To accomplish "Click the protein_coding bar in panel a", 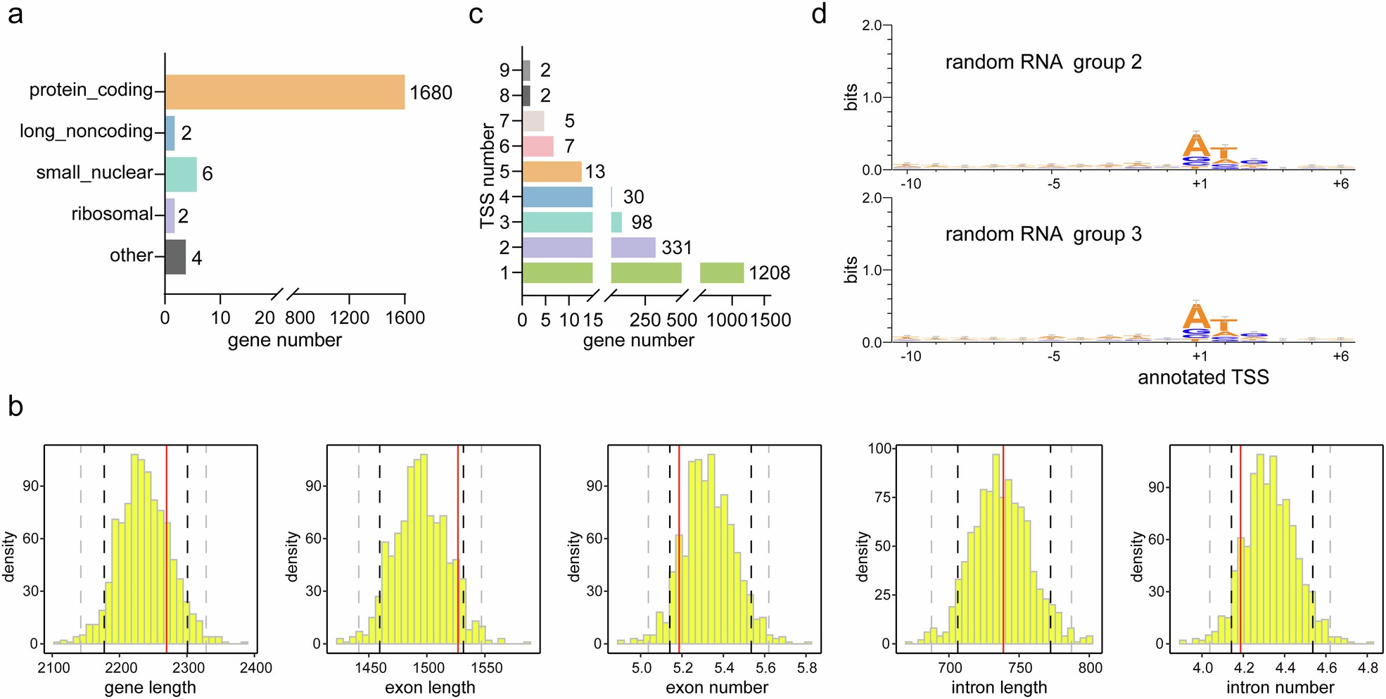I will pyautogui.click(x=284, y=92).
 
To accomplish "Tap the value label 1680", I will pyautogui.click(x=431, y=93).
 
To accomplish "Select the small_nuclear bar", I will pyautogui.click(x=181, y=175).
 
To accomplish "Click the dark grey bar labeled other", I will pyautogui.click(x=175, y=257).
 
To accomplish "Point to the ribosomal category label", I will pyautogui.click(x=112, y=214).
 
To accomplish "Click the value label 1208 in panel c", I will pyautogui.click(x=769, y=273).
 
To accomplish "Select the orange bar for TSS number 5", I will pyautogui.click(x=552, y=172).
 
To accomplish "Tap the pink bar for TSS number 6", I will pyautogui.click(x=538, y=146).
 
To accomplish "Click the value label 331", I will pyautogui.click(x=676, y=248).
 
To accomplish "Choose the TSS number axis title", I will pyautogui.click(x=487, y=176).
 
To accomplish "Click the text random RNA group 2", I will pyautogui.click(x=1043, y=63).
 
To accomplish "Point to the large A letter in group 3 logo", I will pyautogui.click(x=1195, y=315).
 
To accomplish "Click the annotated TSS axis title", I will pyautogui.click(x=1203, y=378).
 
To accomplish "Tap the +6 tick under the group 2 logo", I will pyautogui.click(x=1340, y=184).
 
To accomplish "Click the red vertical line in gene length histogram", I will pyautogui.click(x=167, y=549).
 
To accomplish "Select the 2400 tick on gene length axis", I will pyautogui.click(x=255, y=668).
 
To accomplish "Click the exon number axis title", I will pyautogui.click(x=716, y=688).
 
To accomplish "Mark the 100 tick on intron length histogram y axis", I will pyautogui.click(x=879, y=448).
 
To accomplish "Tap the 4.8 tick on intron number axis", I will pyautogui.click(x=1367, y=668).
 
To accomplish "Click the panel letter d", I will pyautogui.click(x=818, y=14).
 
